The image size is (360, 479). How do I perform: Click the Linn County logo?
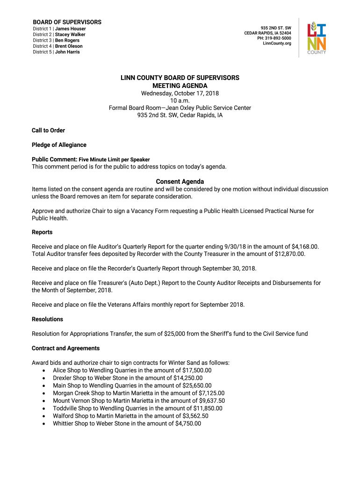coord(317,38)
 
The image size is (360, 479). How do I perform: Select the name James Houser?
coord(71,29)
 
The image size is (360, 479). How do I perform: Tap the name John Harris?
coord(67,52)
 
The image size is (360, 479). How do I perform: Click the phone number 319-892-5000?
coord(280,38)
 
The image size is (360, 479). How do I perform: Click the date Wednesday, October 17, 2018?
coord(180,93)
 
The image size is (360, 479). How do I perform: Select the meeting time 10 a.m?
coord(180,101)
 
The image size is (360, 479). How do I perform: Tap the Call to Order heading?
coord(48,131)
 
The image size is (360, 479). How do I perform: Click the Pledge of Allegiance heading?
coord(59,145)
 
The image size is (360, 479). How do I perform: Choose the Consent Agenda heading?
coord(180,181)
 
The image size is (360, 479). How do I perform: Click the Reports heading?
coord(42,232)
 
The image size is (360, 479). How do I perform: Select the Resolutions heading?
coord(47,319)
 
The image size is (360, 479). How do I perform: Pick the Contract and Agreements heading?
coord(65,348)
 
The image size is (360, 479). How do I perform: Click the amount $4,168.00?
coord(303,247)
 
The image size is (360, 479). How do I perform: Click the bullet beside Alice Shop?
coord(43,370)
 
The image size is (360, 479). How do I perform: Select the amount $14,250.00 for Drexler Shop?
coord(187,378)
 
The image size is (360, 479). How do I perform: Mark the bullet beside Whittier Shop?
coord(43,424)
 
